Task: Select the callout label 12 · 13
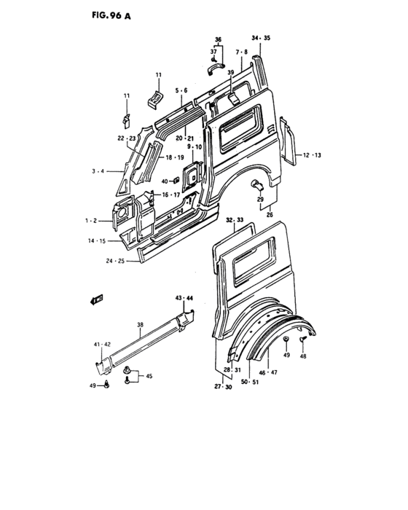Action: [312, 155]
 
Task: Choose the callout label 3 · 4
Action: [97, 171]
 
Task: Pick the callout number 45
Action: [149, 377]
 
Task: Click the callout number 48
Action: [303, 357]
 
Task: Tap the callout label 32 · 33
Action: [235, 219]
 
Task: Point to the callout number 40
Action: [165, 181]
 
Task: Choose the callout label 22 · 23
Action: [126, 138]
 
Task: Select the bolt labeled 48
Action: [302, 340]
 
